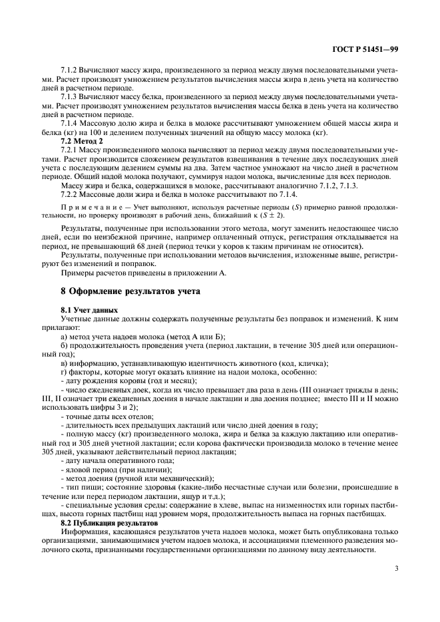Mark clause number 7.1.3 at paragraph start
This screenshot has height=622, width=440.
[x=69, y=98]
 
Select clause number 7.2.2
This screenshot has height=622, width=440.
[x=69, y=194]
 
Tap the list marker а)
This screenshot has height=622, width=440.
[x=63, y=337]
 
